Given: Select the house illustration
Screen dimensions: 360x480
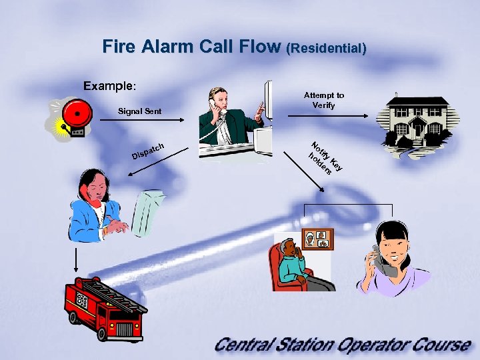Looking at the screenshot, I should [417, 120].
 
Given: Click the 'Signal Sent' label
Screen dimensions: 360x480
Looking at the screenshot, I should [139, 110].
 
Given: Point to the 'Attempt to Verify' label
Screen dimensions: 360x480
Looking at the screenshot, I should [324, 100].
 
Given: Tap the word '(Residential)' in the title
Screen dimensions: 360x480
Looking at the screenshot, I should [326, 49].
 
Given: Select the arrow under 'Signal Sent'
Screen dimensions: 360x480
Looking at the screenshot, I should [141, 119].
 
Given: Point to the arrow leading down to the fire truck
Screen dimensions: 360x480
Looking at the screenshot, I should [77, 260].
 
